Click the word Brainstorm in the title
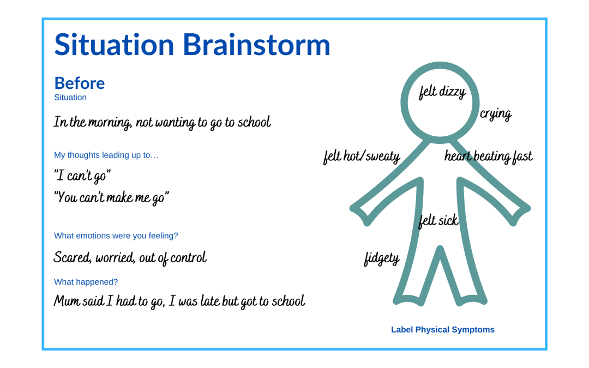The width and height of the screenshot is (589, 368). click(256, 45)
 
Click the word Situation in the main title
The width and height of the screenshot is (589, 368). click(114, 45)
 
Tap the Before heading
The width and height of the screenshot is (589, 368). click(79, 83)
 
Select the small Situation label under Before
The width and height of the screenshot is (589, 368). click(70, 97)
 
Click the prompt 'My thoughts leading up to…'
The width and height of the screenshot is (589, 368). click(106, 155)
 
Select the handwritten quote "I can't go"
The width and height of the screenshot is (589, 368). click(82, 176)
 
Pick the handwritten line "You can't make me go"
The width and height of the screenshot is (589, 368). click(112, 197)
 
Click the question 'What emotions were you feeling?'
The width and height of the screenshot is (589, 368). click(116, 236)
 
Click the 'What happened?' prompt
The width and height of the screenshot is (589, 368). click(86, 282)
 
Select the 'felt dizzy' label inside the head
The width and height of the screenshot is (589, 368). click(442, 92)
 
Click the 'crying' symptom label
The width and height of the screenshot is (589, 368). click(496, 114)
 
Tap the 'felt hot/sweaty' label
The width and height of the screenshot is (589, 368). click(362, 156)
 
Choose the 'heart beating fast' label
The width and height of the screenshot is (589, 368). click(488, 156)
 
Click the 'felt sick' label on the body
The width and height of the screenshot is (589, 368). click(438, 220)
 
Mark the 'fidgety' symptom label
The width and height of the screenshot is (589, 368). click(382, 259)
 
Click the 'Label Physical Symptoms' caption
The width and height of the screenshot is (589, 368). click(443, 330)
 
